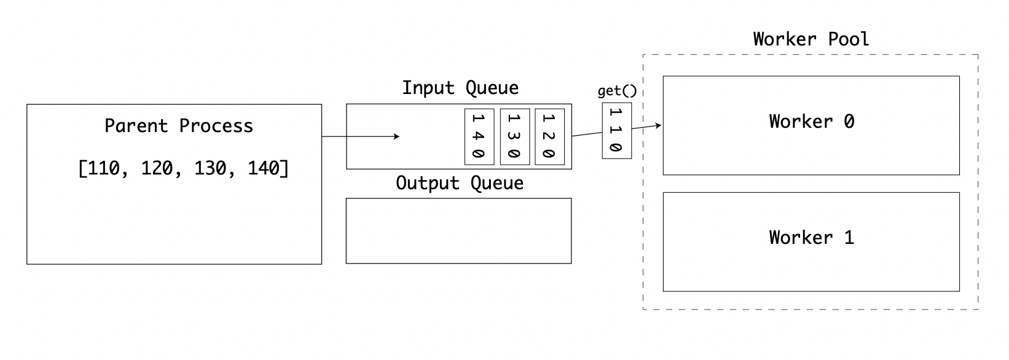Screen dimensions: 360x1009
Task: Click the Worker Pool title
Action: pyautogui.click(x=811, y=39)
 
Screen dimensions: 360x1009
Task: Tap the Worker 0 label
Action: pyautogui.click(x=811, y=121)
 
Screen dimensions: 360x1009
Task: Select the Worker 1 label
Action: pyautogui.click(x=811, y=237)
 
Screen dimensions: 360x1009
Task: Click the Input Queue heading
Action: pyautogui.click(x=460, y=88)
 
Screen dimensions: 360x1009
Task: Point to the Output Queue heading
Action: pyautogui.click(x=460, y=183)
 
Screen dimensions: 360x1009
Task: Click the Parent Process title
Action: pyautogui.click(x=178, y=126)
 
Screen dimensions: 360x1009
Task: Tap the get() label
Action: pyautogui.click(x=617, y=92)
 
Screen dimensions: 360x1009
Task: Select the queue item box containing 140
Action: pyautogui.click(x=479, y=137)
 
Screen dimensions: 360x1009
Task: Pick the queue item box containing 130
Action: pyautogui.click(x=514, y=137)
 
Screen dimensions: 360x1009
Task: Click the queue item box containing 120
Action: pyautogui.click(x=549, y=137)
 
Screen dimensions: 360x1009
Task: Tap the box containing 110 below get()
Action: pyautogui.click(x=616, y=131)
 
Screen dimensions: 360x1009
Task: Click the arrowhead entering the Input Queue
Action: pyautogui.click(x=397, y=136)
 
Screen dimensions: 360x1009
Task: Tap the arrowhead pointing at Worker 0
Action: pyautogui.click(x=659, y=126)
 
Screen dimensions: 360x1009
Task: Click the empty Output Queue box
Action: pyautogui.click(x=458, y=231)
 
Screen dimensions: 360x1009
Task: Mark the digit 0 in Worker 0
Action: pyautogui.click(x=849, y=121)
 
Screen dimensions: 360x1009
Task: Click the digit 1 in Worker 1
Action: pyautogui.click(x=849, y=237)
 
